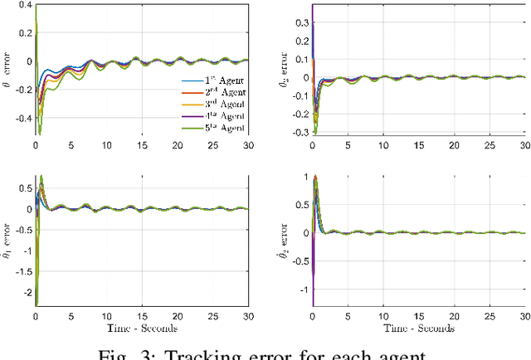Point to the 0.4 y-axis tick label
22,6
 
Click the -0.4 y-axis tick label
19,116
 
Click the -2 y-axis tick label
24,292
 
